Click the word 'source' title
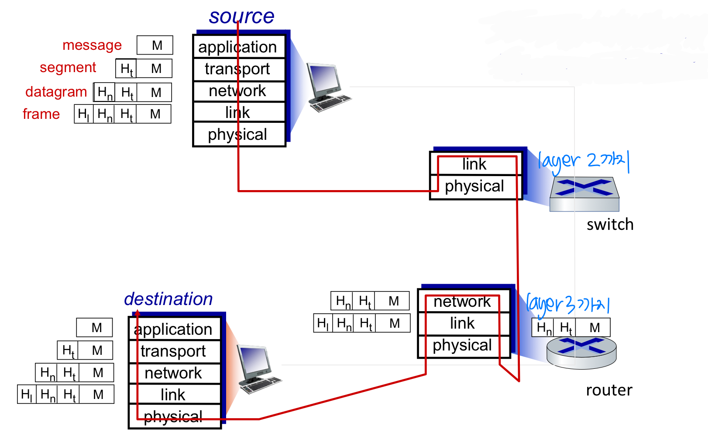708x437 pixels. (x=241, y=17)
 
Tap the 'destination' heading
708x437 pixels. (x=168, y=299)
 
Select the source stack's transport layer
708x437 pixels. (x=238, y=69)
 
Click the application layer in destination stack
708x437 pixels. (x=174, y=329)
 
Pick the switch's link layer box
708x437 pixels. (x=475, y=164)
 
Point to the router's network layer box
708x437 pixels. (x=462, y=302)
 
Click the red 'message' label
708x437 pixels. (x=92, y=45)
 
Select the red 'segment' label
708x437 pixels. (x=68, y=67)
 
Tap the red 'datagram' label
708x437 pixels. (x=56, y=92)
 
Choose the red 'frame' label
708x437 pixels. (x=41, y=114)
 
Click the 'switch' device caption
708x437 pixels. (x=610, y=225)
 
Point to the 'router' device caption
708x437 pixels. (x=609, y=390)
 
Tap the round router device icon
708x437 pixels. (x=581, y=352)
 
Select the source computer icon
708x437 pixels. (x=327, y=87)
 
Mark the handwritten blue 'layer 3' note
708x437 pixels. (x=567, y=304)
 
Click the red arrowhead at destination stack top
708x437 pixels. (x=137, y=313)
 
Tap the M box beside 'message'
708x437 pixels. (x=155, y=45)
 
